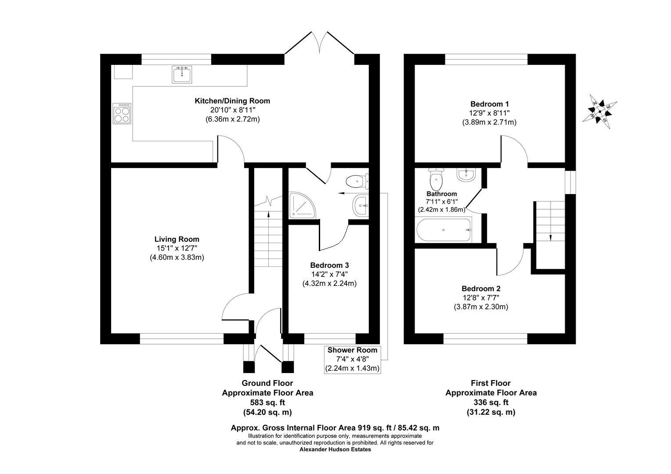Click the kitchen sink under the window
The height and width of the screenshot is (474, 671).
click(x=182, y=75)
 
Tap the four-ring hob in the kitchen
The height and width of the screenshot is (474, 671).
click(x=122, y=113)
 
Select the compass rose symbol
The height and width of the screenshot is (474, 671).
click(x=599, y=111)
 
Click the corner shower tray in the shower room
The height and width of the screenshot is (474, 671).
click(x=302, y=205)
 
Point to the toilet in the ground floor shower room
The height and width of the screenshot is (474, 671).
click(x=357, y=180)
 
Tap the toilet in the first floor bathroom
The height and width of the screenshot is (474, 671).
click(x=436, y=177)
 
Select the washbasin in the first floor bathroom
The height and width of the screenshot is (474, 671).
click(x=465, y=175)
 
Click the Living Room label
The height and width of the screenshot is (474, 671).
click(x=177, y=239)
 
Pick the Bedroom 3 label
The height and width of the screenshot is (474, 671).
click(x=329, y=265)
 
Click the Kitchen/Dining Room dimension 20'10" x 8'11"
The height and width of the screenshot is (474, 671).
click(x=232, y=110)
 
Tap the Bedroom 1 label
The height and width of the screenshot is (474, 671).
click(x=489, y=104)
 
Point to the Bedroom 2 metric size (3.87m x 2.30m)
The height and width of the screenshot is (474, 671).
click(x=481, y=307)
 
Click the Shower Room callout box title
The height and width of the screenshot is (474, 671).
click(x=352, y=350)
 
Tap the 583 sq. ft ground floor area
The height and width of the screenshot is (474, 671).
click(x=267, y=402)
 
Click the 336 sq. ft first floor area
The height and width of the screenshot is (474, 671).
click(x=491, y=402)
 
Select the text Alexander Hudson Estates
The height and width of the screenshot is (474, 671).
click(x=335, y=449)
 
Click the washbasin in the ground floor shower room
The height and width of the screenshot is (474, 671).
click(x=361, y=205)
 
